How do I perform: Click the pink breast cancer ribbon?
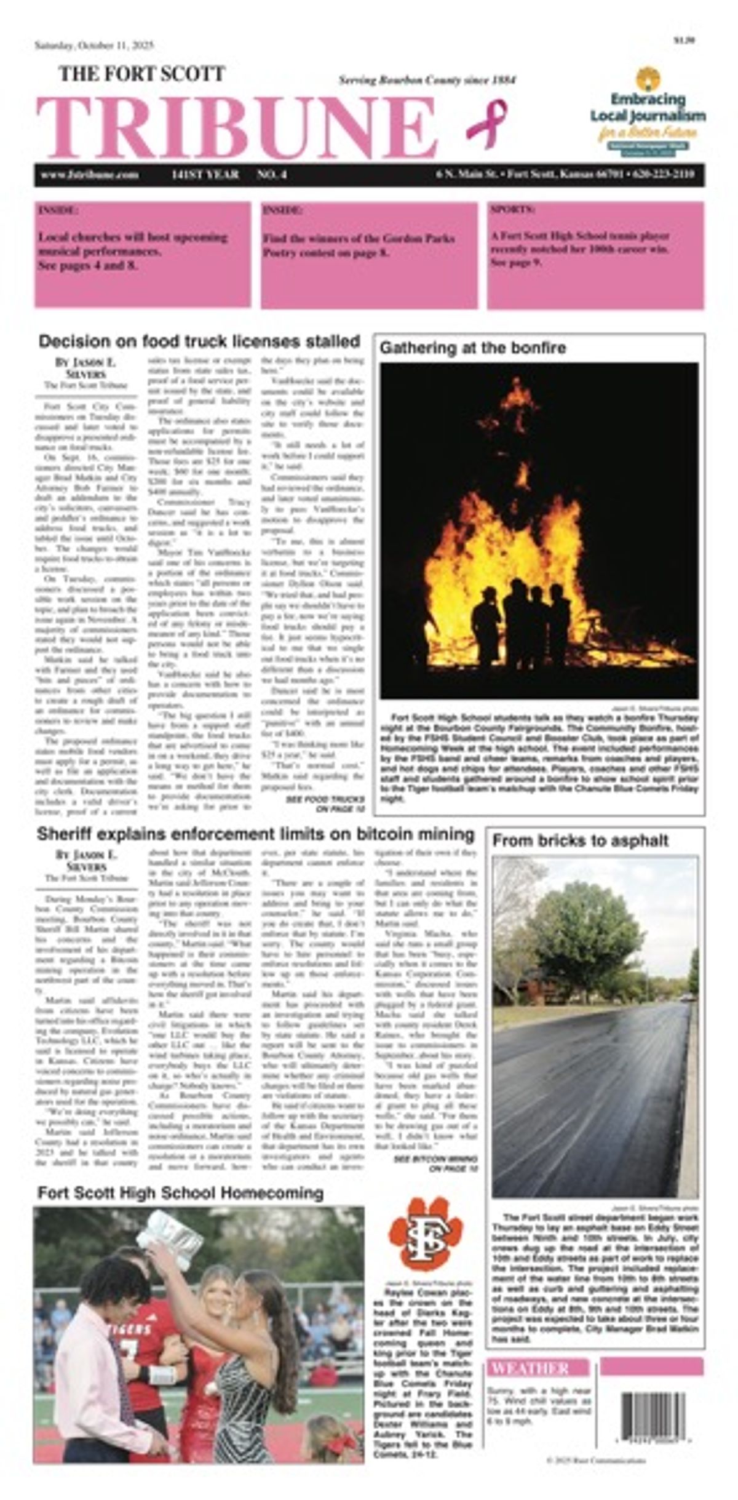(486, 123)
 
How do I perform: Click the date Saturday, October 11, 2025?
(94, 46)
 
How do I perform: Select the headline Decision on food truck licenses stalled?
(199, 341)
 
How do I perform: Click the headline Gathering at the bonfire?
(472, 348)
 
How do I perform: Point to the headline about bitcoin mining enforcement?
(255, 835)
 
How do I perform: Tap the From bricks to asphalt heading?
(580, 841)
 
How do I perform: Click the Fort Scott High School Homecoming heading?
(180, 1193)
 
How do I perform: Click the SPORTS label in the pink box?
(512, 210)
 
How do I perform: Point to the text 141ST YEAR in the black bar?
(205, 175)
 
